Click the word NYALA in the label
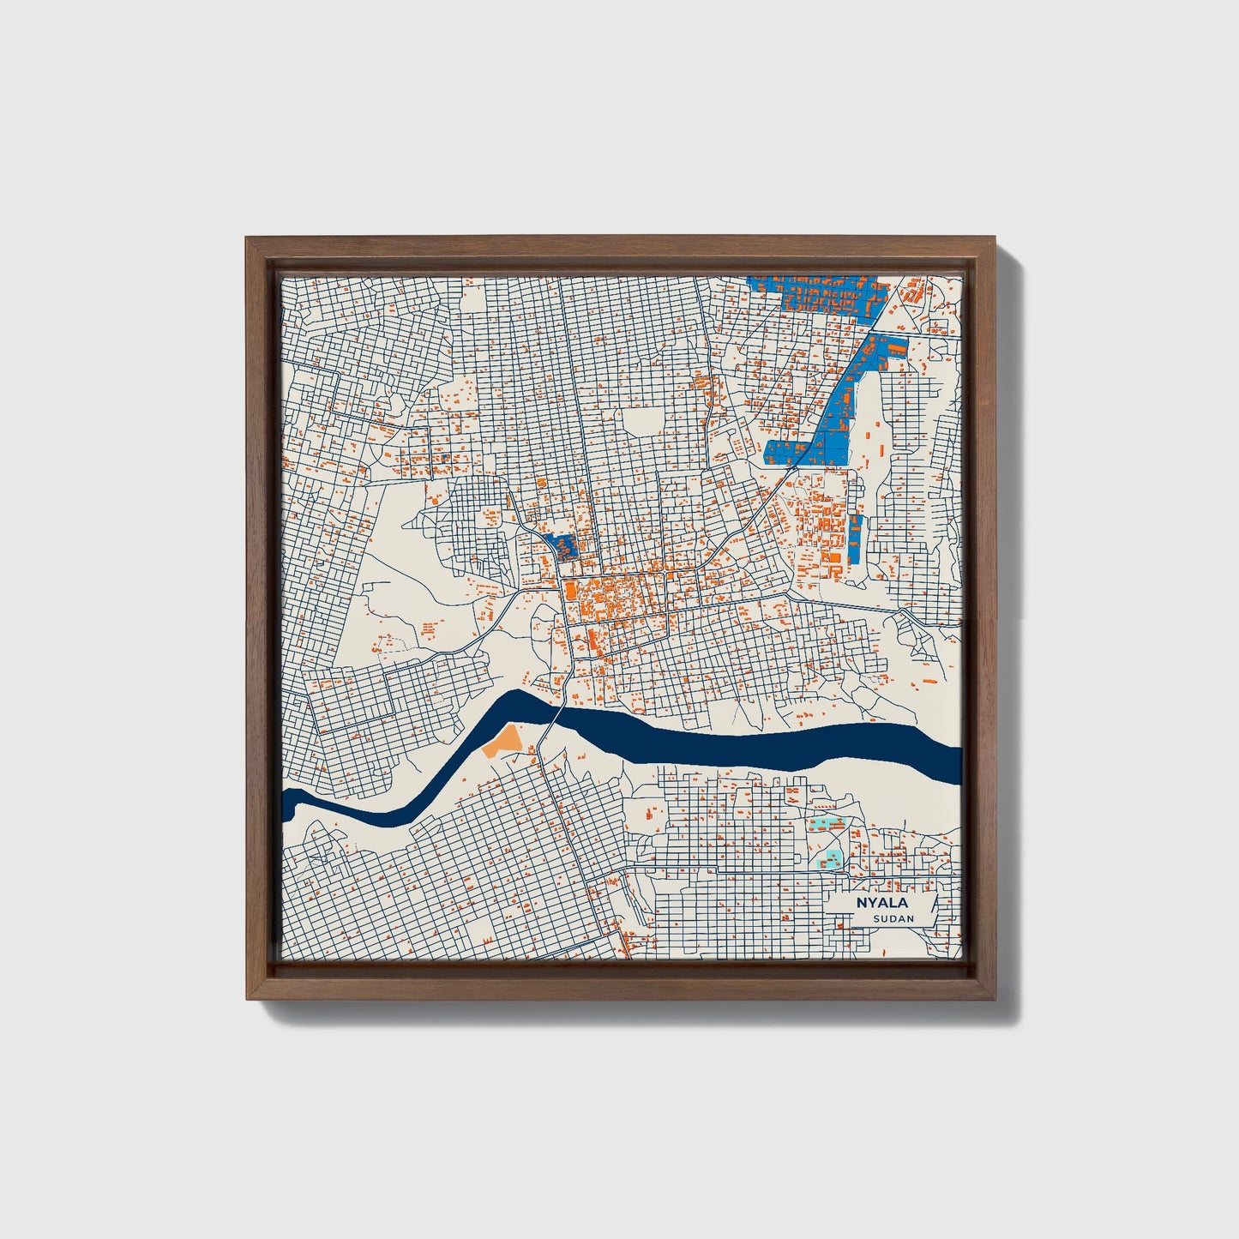click(x=881, y=903)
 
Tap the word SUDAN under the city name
click(x=893, y=919)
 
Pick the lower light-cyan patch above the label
click(x=833, y=857)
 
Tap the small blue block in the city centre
click(x=562, y=544)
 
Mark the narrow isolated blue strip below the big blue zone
click(x=855, y=537)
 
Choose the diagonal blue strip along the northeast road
click(x=845, y=403)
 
